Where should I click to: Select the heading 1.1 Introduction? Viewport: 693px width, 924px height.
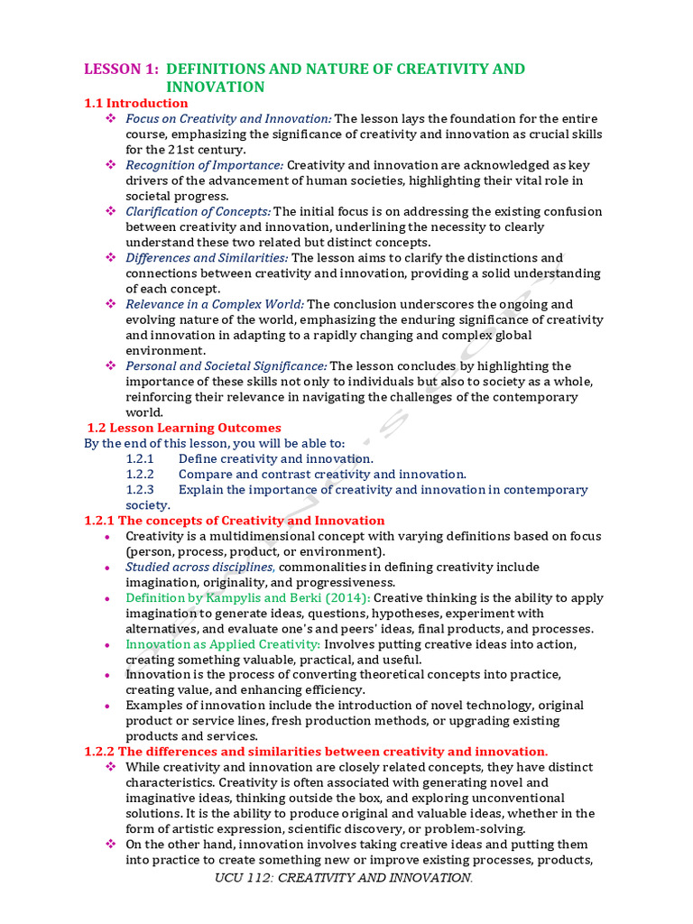pyautogui.click(x=136, y=103)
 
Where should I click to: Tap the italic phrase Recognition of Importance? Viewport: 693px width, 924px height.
pyautogui.click(x=205, y=165)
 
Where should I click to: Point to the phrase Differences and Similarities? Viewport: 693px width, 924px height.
pyautogui.click(x=208, y=258)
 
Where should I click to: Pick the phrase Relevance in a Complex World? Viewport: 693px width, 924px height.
pyautogui.click(x=215, y=304)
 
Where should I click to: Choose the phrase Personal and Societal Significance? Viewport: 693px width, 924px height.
pyautogui.click(x=226, y=365)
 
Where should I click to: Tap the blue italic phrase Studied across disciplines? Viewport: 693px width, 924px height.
pyautogui.click(x=200, y=567)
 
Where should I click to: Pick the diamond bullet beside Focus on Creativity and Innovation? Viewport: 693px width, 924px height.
pyautogui.click(x=112, y=118)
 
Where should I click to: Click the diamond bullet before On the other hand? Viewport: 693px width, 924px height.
pyautogui.click(x=112, y=845)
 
